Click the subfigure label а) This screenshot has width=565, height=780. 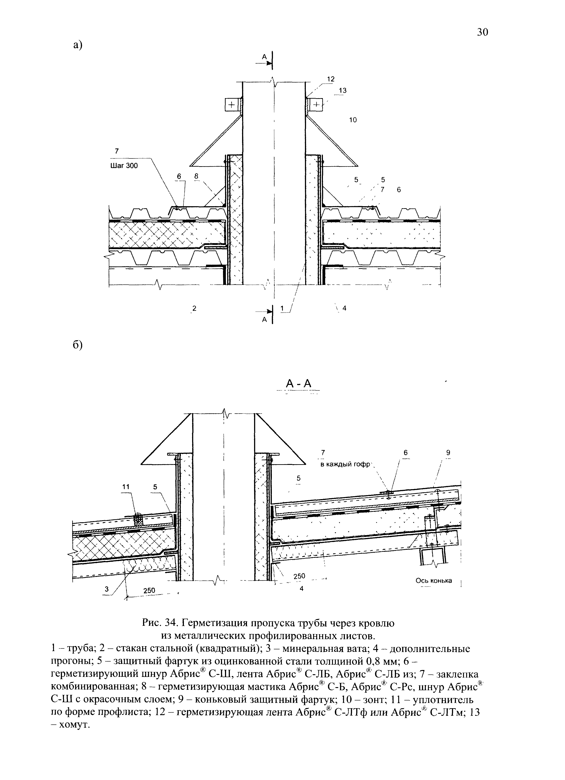point(78,45)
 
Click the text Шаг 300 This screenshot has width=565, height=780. point(124,166)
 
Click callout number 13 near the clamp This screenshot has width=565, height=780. point(342,90)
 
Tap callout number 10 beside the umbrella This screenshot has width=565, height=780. point(353,120)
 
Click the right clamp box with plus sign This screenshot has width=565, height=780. point(316,104)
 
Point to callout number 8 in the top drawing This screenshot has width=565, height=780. point(196,176)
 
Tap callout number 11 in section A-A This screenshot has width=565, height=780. point(126,487)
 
